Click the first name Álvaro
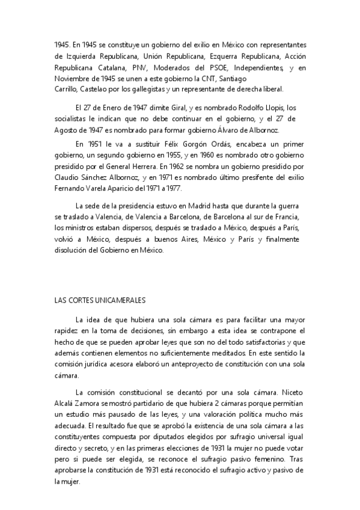[239, 130]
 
